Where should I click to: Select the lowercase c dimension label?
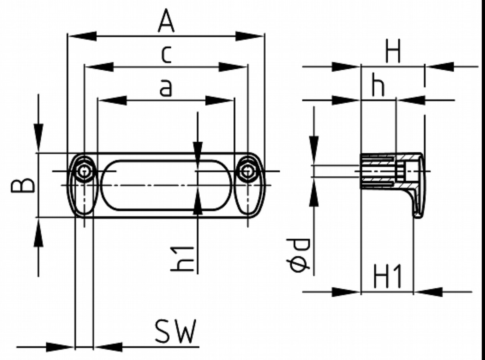pyautogui.click(x=166, y=55)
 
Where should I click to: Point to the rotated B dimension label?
pyautogui.click(x=27, y=185)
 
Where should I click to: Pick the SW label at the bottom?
pyautogui.click(x=176, y=332)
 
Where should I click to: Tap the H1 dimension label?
pyautogui.click(x=387, y=277)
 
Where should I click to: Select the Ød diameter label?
pyautogui.click(x=301, y=255)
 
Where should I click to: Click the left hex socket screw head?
pyautogui.click(x=84, y=172)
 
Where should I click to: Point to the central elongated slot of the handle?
pyautogui.click(x=166, y=185)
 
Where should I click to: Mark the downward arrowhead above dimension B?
pyautogui.click(x=38, y=138)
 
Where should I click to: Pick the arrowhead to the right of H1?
pyautogui.click(x=428, y=292)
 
